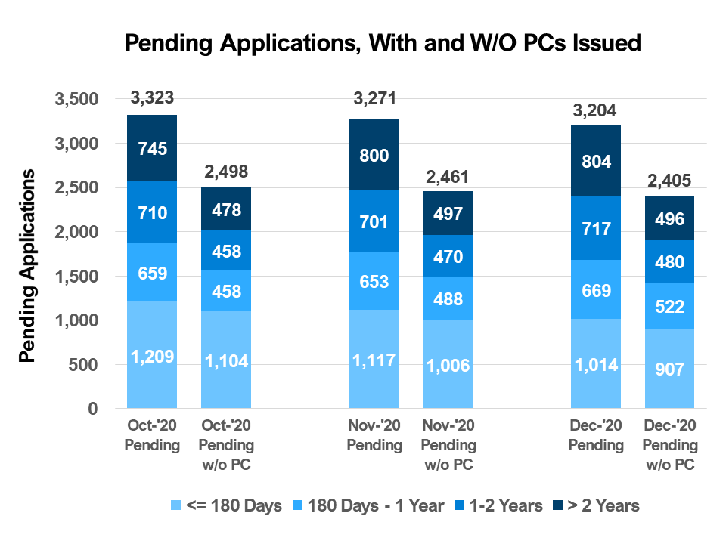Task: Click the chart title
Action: click(383, 43)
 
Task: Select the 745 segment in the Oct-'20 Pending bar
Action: click(152, 147)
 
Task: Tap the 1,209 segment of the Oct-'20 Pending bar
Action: click(152, 355)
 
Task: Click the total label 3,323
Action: click(152, 98)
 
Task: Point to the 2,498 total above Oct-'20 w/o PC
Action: click(226, 172)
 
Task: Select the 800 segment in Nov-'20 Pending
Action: click(374, 155)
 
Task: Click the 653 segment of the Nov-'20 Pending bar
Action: click(374, 281)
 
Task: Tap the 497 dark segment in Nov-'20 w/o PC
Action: click(448, 213)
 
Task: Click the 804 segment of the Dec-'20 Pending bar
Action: click(597, 161)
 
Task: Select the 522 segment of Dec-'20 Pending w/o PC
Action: click(670, 306)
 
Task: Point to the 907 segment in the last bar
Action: click(670, 369)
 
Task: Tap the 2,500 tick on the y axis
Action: click(76, 187)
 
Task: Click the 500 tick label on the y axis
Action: click(84, 365)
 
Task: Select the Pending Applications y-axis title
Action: click(27, 266)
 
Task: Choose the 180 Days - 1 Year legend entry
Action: click(368, 505)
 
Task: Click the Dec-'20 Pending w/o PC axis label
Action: click(670, 447)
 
